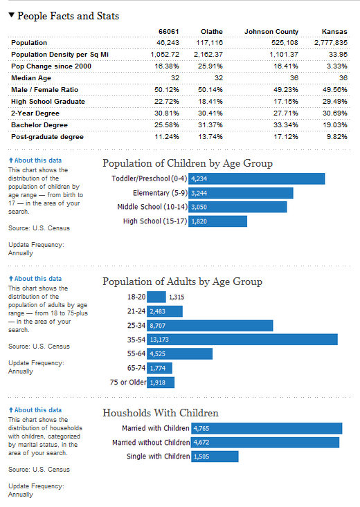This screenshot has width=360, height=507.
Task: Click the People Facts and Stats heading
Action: (x=68, y=15)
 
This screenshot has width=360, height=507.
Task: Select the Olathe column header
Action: (x=211, y=31)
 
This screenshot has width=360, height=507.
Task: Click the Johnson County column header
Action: (x=271, y=31)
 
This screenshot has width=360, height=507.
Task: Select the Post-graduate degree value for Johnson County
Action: (x=285, y=136)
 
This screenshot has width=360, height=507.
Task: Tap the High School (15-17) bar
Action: (x=217, y=221)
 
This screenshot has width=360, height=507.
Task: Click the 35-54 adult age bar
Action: (x=263, y=340)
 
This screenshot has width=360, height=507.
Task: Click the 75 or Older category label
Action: (x=127, y=382)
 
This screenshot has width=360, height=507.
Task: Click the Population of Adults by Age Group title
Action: (x=182, y=282)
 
